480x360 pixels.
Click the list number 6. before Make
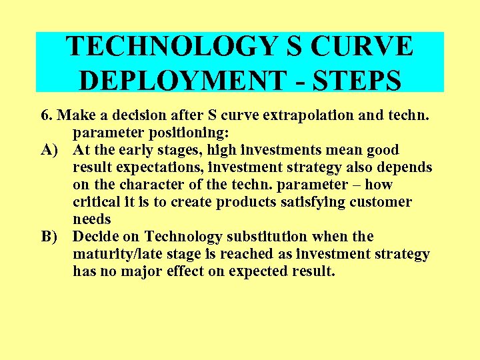[x=46, y=115]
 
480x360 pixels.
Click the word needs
[x=93, y=219]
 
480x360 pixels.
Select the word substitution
[x=257, y=237]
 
